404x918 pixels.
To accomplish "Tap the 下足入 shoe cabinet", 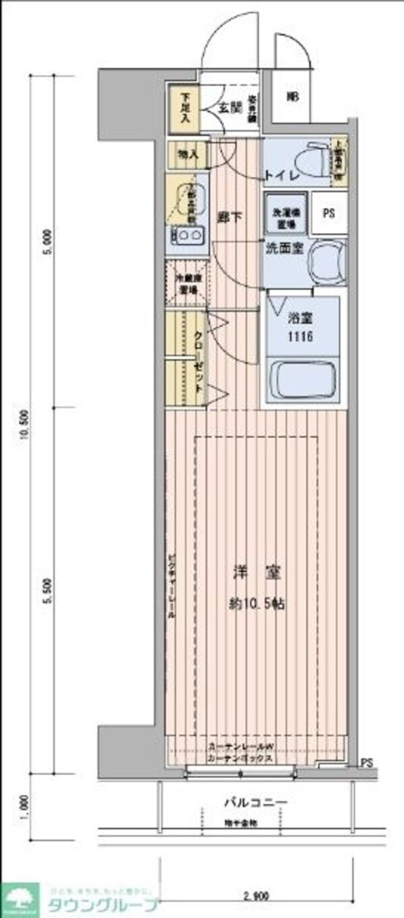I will (184, 107).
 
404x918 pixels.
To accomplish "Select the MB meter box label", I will (292, 97).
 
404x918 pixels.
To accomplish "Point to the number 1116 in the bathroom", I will (301, 337).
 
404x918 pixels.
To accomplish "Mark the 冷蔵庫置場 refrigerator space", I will (186, 286).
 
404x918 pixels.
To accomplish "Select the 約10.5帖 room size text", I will (256, 604).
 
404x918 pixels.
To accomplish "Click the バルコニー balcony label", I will (255, 803).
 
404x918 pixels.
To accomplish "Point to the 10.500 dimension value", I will (25, 424).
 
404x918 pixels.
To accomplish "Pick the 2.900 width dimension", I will (256, 896).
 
